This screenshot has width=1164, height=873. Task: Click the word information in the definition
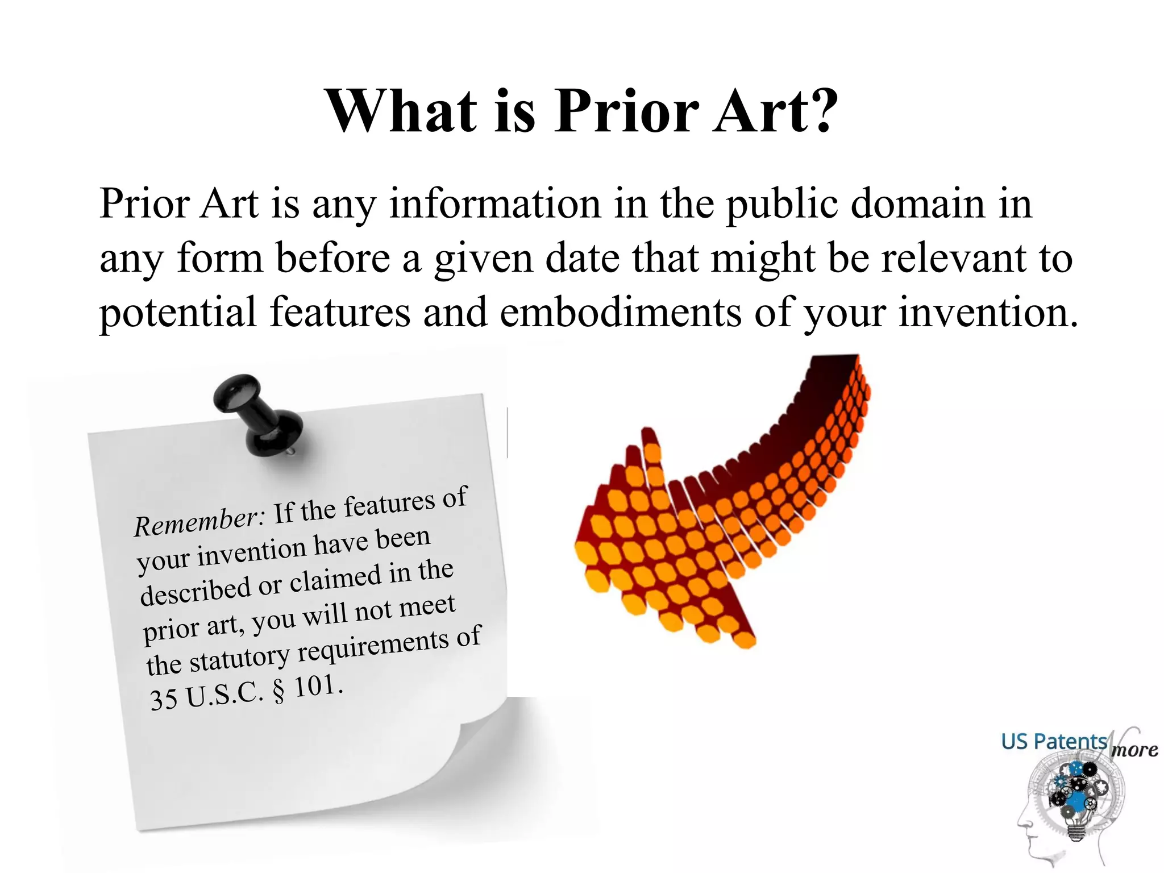(494, 203)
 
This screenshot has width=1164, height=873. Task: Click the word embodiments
(620, 313)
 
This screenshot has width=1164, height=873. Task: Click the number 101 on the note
(315, 687)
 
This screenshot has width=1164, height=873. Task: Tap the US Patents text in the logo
(1054, 742)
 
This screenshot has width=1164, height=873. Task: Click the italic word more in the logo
(1134, 750)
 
